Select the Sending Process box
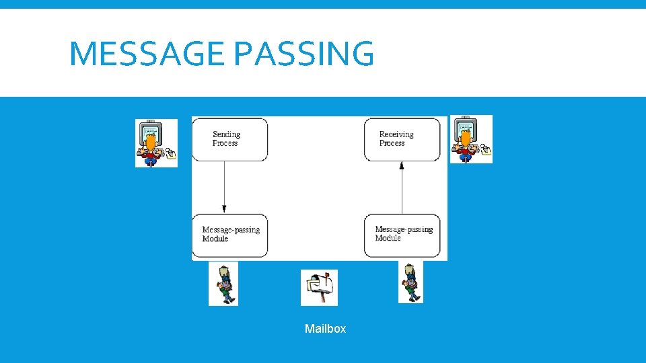(229, 139)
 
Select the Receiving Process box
(402, 139)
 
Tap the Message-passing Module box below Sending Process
(229, 235)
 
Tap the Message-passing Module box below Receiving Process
(402, 235)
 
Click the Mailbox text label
(325, 329)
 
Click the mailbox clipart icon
(319, 288)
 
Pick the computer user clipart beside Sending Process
(156, 143)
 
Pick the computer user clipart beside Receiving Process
(471, 138)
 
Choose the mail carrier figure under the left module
(223, 284)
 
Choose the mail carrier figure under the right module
(410, 282)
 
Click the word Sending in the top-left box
(226, 134)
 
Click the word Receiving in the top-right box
(396, 134)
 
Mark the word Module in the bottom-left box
(215, 239)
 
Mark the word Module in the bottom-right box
(388, 239)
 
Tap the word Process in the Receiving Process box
(392, 143)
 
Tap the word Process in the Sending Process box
(225, 143)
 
